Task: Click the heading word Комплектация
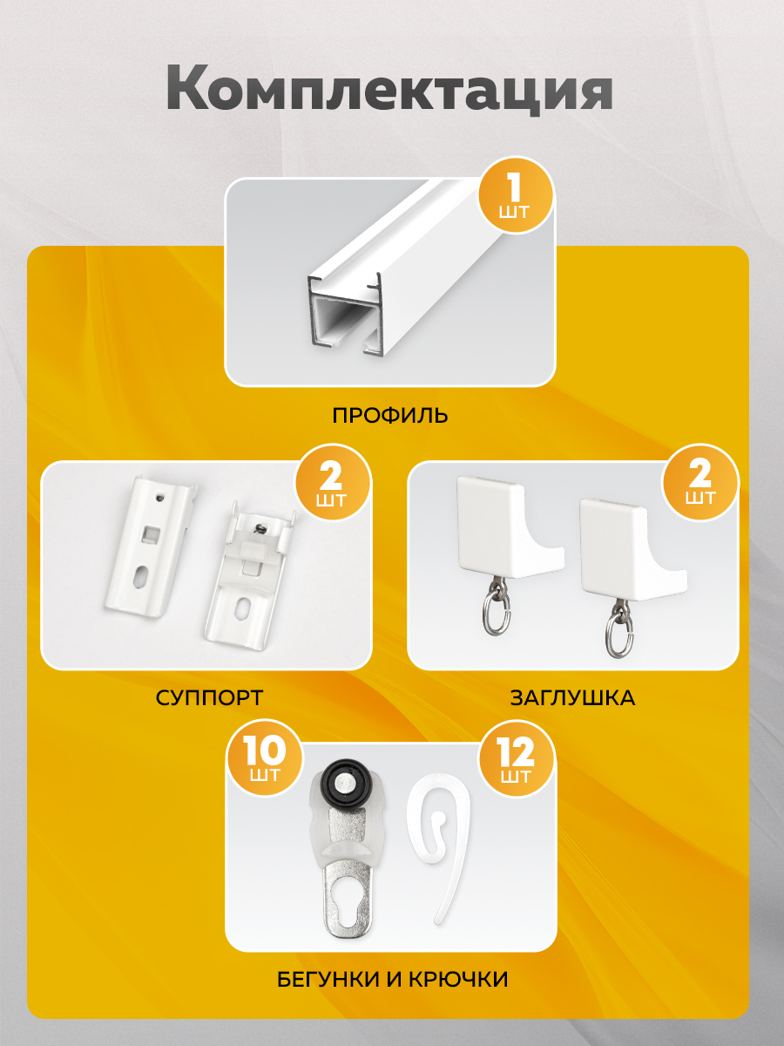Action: (389, 90)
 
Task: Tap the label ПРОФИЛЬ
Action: (390, 415)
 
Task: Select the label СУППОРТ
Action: (209, 698)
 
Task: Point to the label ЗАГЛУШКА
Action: (572, 698)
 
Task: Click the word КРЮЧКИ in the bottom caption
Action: (459, 979)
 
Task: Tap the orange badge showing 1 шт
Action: (515, 196)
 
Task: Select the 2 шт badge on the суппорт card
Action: (332, 483)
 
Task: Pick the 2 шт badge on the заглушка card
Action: (700, 482)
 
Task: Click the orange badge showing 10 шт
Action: (265, 758)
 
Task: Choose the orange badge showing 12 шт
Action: (516, 758)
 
